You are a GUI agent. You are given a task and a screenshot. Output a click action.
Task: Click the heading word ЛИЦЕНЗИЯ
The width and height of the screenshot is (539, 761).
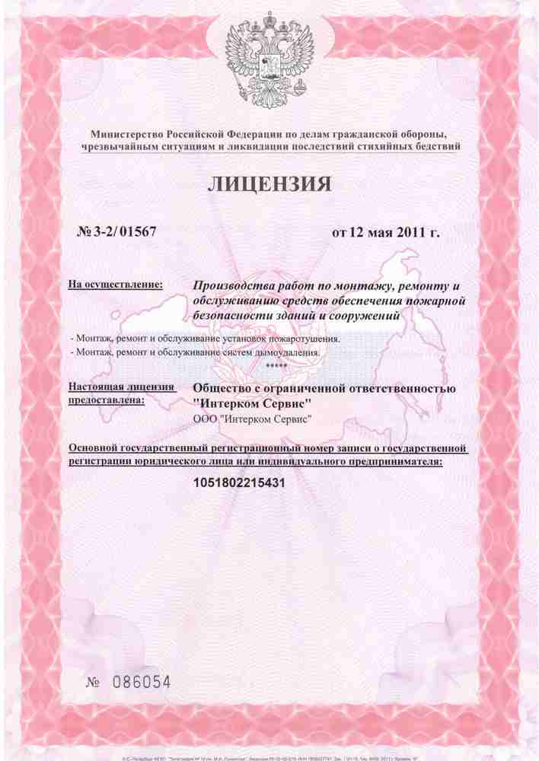(269, 183)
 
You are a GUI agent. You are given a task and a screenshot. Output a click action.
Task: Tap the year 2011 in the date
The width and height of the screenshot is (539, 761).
(410, 231)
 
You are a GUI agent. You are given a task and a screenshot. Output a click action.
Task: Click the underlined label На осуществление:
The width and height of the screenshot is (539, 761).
(115, 285)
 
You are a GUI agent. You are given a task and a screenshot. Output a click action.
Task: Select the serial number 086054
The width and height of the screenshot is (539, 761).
(141, 681)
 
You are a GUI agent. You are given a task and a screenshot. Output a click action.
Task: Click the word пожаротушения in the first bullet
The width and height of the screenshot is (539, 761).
(305, 338)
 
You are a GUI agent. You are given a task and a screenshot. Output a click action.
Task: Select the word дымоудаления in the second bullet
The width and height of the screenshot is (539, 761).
(291, 352)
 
